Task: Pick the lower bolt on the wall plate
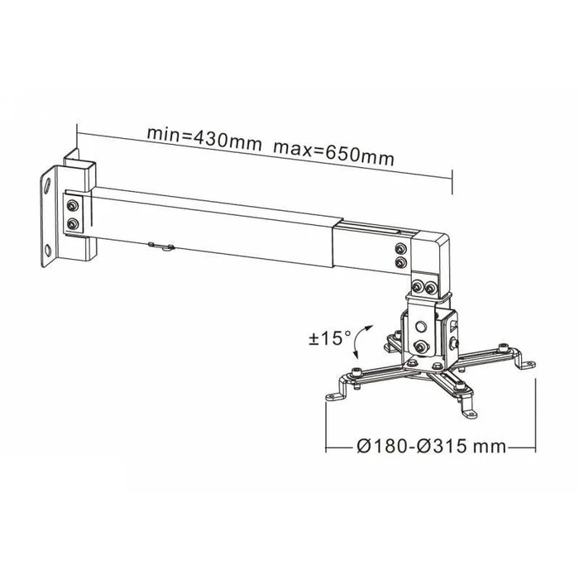tap(72, 224)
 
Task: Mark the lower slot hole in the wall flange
tap(52, 250)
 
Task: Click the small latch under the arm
tap(161, 246)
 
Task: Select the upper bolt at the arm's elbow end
tap(401, 250)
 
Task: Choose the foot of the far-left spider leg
tap(333, 396)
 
